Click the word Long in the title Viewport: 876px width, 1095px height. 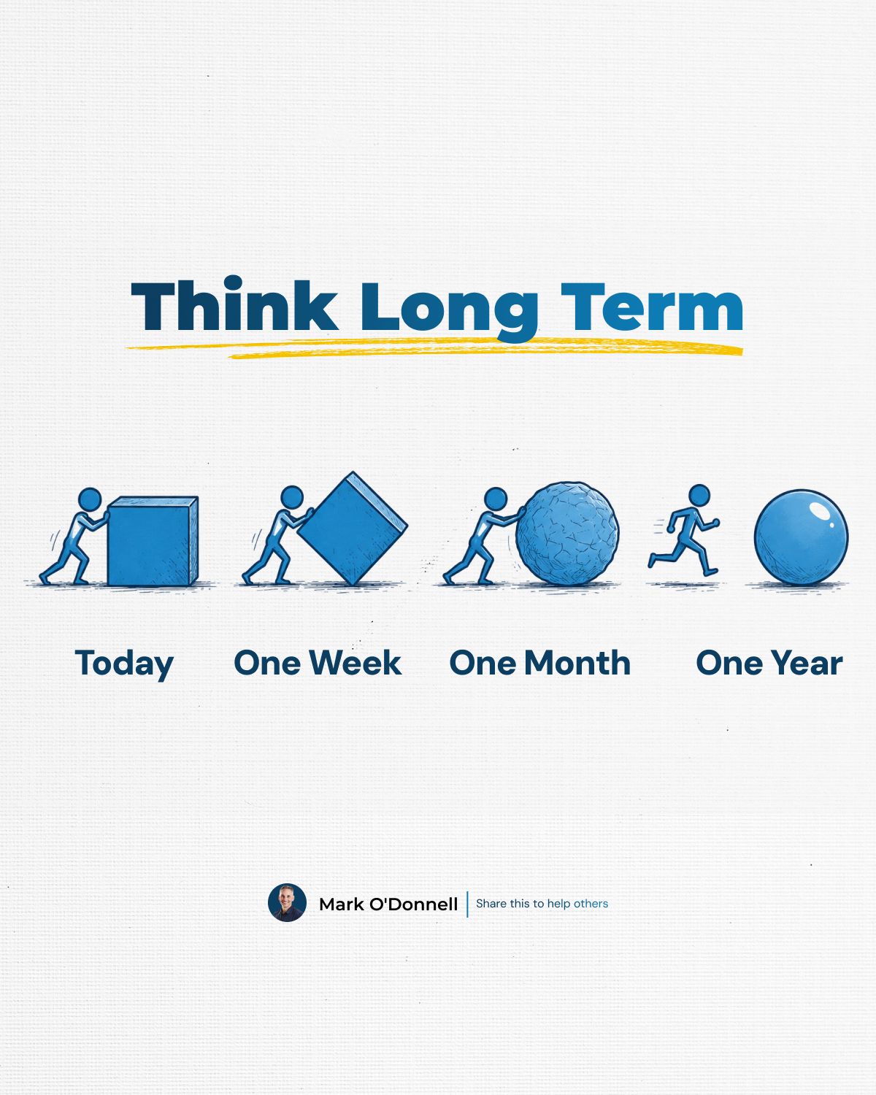450,310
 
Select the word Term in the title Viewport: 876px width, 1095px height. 652,307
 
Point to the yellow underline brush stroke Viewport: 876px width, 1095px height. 434,348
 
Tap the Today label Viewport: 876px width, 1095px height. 124,664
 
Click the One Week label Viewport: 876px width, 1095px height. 318,663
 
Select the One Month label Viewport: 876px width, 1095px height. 540,663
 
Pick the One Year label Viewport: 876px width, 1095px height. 769,663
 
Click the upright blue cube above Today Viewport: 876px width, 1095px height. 153,542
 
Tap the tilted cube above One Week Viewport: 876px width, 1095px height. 353,529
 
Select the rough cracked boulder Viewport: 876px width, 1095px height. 567,534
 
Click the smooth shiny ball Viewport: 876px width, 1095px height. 802,537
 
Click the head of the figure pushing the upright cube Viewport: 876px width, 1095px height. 90,499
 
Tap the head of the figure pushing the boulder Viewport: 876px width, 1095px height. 495,499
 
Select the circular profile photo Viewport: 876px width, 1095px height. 287,903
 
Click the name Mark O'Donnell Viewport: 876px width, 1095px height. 388,904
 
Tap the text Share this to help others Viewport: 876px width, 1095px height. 542,904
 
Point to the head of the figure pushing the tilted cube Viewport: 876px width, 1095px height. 292,497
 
